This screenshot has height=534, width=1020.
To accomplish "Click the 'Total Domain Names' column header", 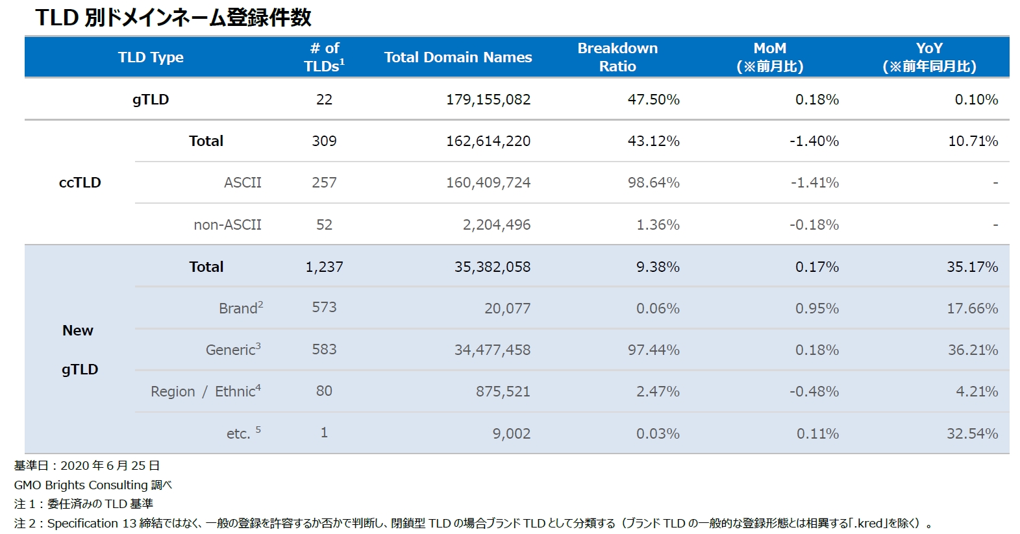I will [x=458, y=57].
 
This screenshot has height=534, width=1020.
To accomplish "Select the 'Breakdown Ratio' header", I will [x=617, y=57].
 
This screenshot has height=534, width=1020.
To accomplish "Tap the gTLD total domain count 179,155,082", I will [x=488, y=99].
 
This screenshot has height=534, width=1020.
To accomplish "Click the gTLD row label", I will [x=151, y=99].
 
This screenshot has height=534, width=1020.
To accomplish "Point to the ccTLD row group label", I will [x=80, y=182].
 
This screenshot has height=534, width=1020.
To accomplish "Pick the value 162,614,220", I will [x=488, y=141].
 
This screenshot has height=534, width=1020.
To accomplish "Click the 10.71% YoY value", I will [x=973, y=141].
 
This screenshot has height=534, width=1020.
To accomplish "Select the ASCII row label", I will [x=242, y=182].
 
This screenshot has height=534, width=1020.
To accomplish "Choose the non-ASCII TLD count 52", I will [x=324, y=225].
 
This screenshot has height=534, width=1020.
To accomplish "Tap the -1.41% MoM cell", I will [x=814, y=182].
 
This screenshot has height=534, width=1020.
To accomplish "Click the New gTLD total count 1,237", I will [x=324, y=267].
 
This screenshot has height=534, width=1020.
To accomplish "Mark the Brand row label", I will [x=240, y=308].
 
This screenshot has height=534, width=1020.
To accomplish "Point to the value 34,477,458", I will [x=492, y=350].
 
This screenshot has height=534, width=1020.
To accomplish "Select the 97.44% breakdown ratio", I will [x=653, y=350].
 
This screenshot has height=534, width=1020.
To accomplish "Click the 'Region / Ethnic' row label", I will [x=205, y=391].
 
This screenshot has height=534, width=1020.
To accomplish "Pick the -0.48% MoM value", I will [x=814, y=391].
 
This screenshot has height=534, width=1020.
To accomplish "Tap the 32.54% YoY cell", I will [x=972, y=433].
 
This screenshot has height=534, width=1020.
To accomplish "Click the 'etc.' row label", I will [x=239, y=433].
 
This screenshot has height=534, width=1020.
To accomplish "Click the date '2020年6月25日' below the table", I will [x=110, y=465].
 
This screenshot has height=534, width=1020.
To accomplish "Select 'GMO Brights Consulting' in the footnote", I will [x=81, y=485].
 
